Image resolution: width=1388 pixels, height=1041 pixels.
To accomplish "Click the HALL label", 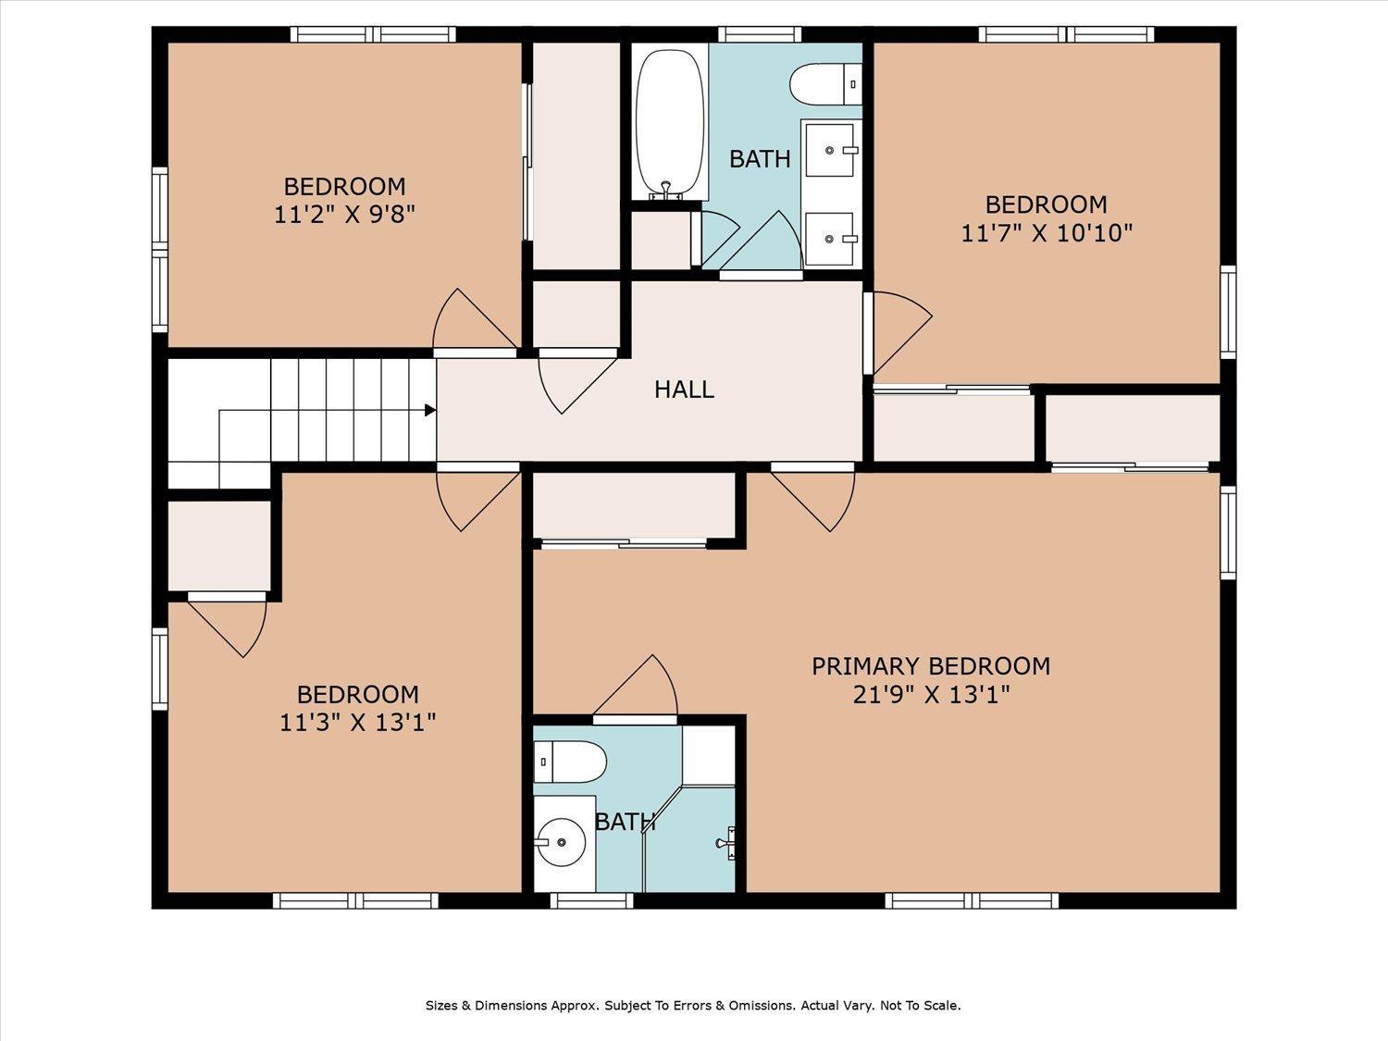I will [x=684, y=390].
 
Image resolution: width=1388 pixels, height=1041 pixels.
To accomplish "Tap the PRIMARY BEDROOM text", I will [x=930, y=666].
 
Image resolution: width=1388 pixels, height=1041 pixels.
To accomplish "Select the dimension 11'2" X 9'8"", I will [x=344, y=215].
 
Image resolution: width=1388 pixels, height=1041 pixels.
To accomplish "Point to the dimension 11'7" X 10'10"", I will [x=1046, y=232].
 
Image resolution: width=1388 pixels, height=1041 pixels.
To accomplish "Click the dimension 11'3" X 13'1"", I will [x=357, y=722].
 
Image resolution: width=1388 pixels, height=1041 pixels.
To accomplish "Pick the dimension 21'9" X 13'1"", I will [x=930, y=694].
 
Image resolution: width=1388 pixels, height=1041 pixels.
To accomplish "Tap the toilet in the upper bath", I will [x=825, y=84].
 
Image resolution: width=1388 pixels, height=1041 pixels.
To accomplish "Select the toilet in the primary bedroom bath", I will [x=569, y=762].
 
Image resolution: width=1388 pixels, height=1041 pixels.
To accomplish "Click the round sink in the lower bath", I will [x=561, y=842].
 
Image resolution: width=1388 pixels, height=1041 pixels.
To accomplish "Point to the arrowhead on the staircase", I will [x=430, y=410].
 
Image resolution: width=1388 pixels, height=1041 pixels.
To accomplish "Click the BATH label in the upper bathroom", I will [x=760, y=159].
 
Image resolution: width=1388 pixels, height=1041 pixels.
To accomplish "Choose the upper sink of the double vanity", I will [x=832, y=149].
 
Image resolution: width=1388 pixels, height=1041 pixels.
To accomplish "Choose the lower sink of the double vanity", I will [x=832, y=239].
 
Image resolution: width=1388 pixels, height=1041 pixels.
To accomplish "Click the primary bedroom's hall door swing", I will [x=815, y=501].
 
